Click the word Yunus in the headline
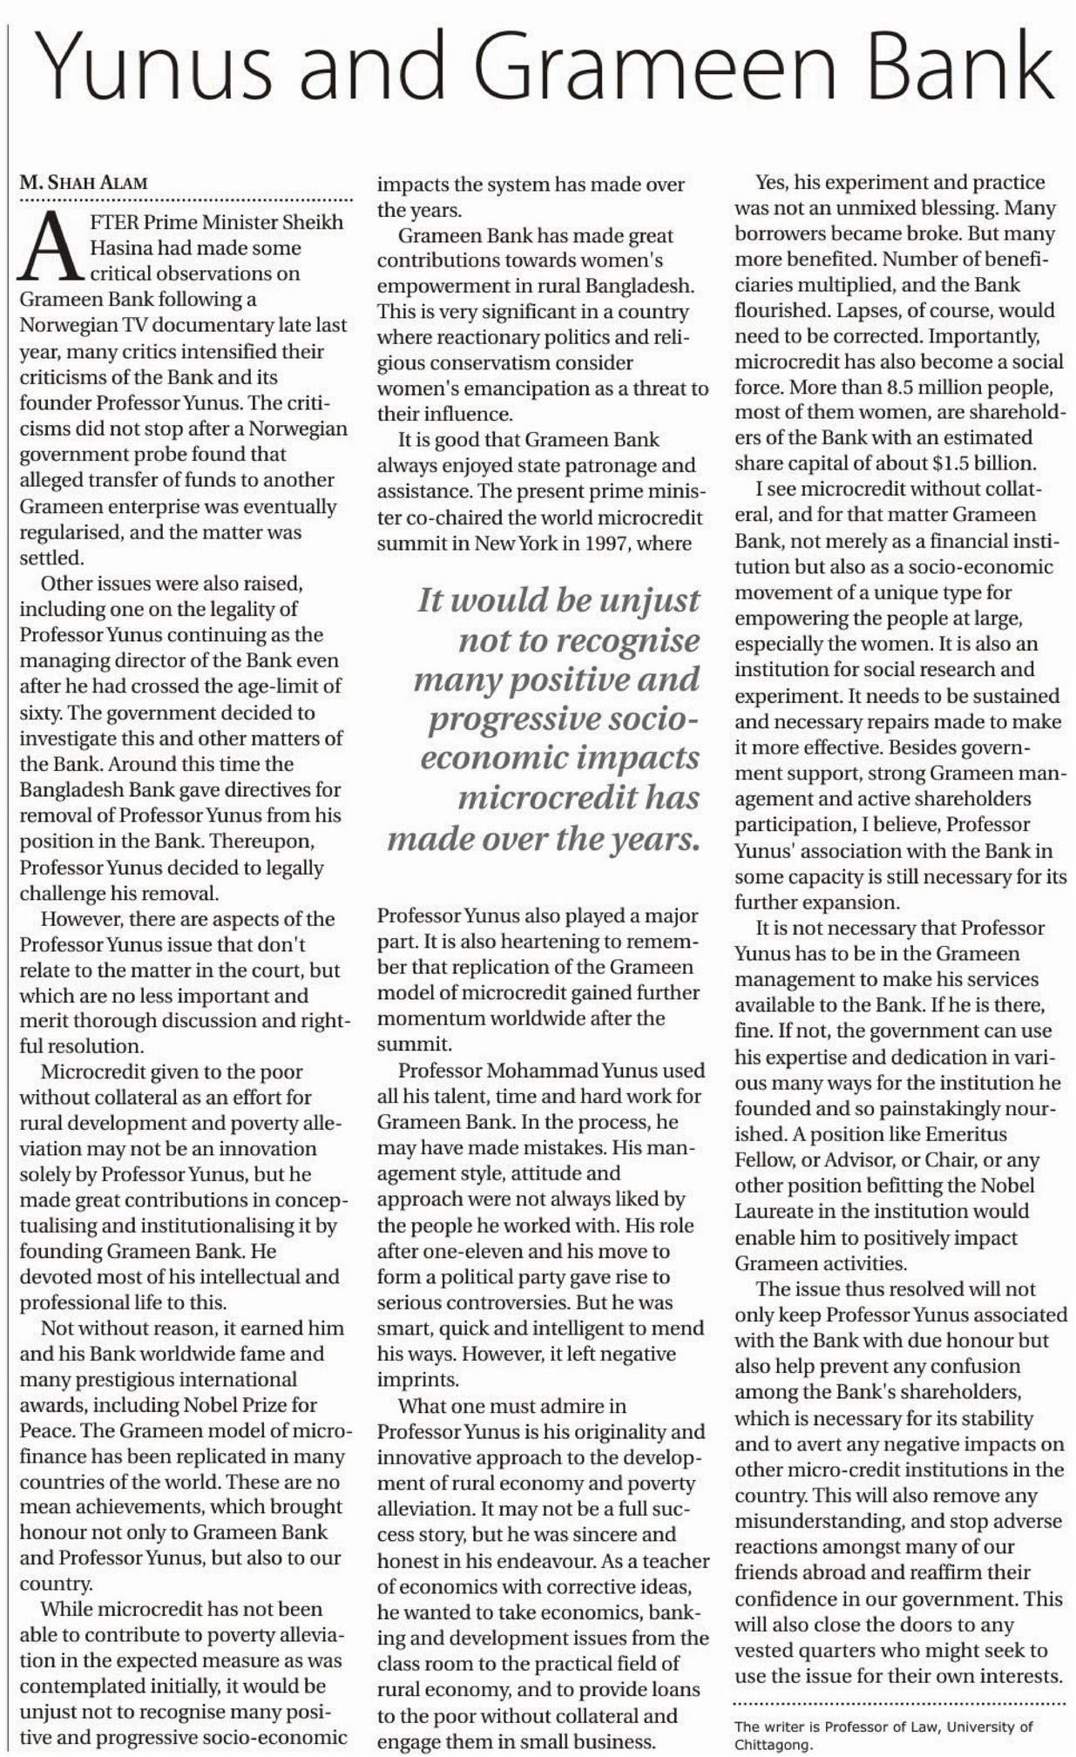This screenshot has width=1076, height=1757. click(153, 67)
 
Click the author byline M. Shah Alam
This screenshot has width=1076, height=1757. click(84, 183)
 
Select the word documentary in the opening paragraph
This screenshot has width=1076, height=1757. click(210, 325)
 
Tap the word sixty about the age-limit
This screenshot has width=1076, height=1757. click(40, 713)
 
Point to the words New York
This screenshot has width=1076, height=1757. click(519, 544)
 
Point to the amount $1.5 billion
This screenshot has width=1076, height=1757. click(981, 463)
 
